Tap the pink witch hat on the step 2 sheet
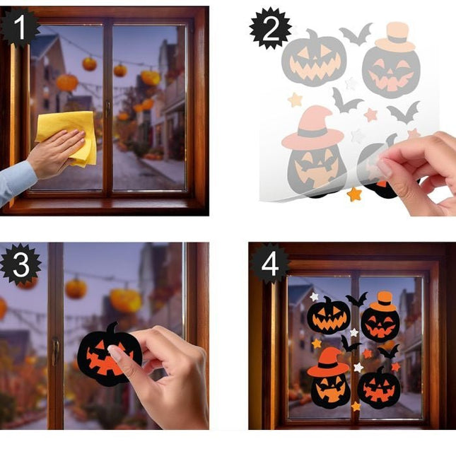tap(311, 128)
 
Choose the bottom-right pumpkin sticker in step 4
tap(379, 387)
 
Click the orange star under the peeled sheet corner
tap(353, 194)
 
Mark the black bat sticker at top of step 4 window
tap(356, 299)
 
